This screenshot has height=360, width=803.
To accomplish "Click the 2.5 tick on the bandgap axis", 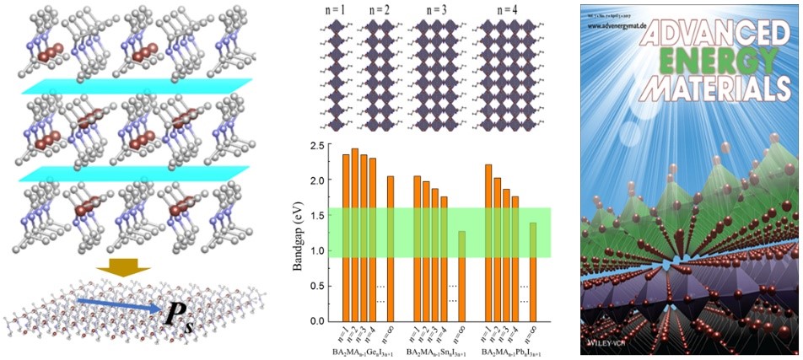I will tap(320, 146).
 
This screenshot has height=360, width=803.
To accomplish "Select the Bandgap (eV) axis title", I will tap(297, 234).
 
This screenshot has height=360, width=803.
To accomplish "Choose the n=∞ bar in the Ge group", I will tap(390, 248).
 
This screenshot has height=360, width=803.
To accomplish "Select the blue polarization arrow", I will tap(118, 305).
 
